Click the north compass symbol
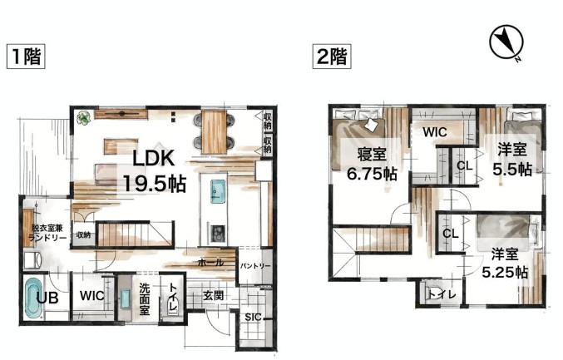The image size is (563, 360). click(x=506, y=42)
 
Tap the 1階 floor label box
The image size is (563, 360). click(x=26, y=57)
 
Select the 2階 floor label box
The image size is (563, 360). click(x=332, y=57)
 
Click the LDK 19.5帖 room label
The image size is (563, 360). click(x=155, y=170)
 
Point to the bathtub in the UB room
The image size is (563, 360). click(x=34, y=298)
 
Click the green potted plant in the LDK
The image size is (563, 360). click(x=84, y=118)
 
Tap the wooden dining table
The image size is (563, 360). click(x=214, y=132)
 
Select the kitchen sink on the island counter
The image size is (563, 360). click(x=218, y=191)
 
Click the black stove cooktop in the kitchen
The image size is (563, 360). click(x=217, y=234)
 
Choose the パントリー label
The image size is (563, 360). click(x=255, y=266)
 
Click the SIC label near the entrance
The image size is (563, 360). click(x=253, y=318)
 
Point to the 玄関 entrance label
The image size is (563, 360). click(x=214, y=296)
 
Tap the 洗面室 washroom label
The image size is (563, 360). click(x=145, y=298)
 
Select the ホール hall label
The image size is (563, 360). click(x=210, y=263)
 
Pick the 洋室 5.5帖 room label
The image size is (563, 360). click(x=512, y=160)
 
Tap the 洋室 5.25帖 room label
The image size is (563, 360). click(x=505, y=264)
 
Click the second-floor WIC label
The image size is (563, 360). click(x=435, y=132)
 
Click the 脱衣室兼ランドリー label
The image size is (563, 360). click(x=48, y=233)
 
